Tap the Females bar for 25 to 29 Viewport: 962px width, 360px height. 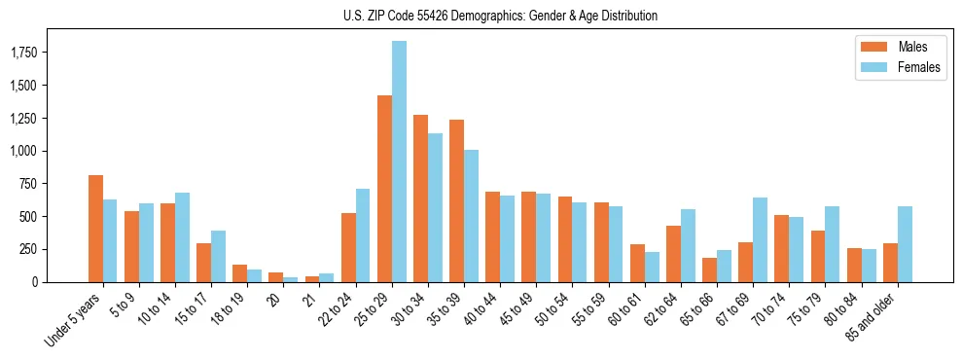pyautogui.click(x=399, y=162)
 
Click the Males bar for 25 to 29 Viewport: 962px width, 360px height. pyautogui.click(x=384, y=189)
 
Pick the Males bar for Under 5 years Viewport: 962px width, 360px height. pyautogui.click(x=95, y=229)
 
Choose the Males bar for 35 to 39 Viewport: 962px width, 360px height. pyautogui.click(x=456, y=200)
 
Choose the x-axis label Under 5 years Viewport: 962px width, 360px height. pyautogui.click(x=74, y=320)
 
